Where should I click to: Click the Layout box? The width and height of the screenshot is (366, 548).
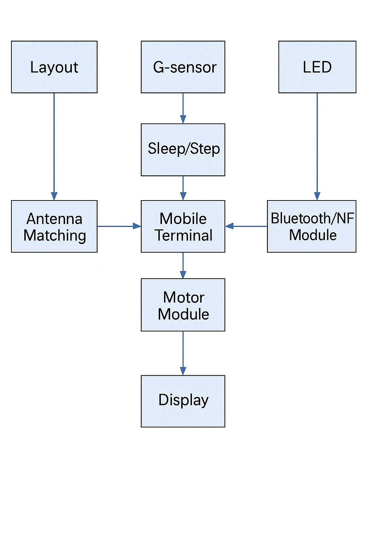tap(54, 67)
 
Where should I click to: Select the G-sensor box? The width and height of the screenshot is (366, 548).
tap(183, 67)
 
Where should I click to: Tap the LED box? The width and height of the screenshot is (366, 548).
tap(317, 67)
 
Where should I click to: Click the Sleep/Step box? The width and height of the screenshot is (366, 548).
tap(183, 149)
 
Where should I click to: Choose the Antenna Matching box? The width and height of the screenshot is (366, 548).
tap(54, 226)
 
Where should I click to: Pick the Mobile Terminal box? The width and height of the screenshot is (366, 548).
tap(183, 226)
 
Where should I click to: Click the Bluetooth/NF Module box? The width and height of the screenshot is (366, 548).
tap(311, 226)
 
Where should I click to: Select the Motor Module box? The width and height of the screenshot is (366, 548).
tap(183, 305)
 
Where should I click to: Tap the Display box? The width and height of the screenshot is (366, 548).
tap(183, 401)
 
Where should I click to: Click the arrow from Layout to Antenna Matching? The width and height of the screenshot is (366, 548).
tap(54, 146)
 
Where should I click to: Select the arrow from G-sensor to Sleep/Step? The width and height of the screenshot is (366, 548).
tap(183, 108)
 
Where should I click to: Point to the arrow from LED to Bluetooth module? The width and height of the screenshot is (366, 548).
tap(317, 146)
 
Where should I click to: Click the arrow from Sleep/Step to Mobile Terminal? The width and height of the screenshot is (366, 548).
tap(183, 188)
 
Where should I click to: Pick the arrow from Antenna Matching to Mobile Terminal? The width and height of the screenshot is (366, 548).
tap(119, 226)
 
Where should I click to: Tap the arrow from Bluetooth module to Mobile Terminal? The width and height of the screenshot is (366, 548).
tap(246, 226)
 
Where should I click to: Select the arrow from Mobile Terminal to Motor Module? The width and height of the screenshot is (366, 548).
tap(183, 265)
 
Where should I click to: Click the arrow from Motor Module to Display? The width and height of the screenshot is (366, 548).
tap(183, 353)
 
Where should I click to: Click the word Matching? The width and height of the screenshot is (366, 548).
tap(55, 235)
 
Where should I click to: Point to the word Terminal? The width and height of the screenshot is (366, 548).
tap(184, 235)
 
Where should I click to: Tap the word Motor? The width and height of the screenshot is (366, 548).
tap(184, 297)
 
